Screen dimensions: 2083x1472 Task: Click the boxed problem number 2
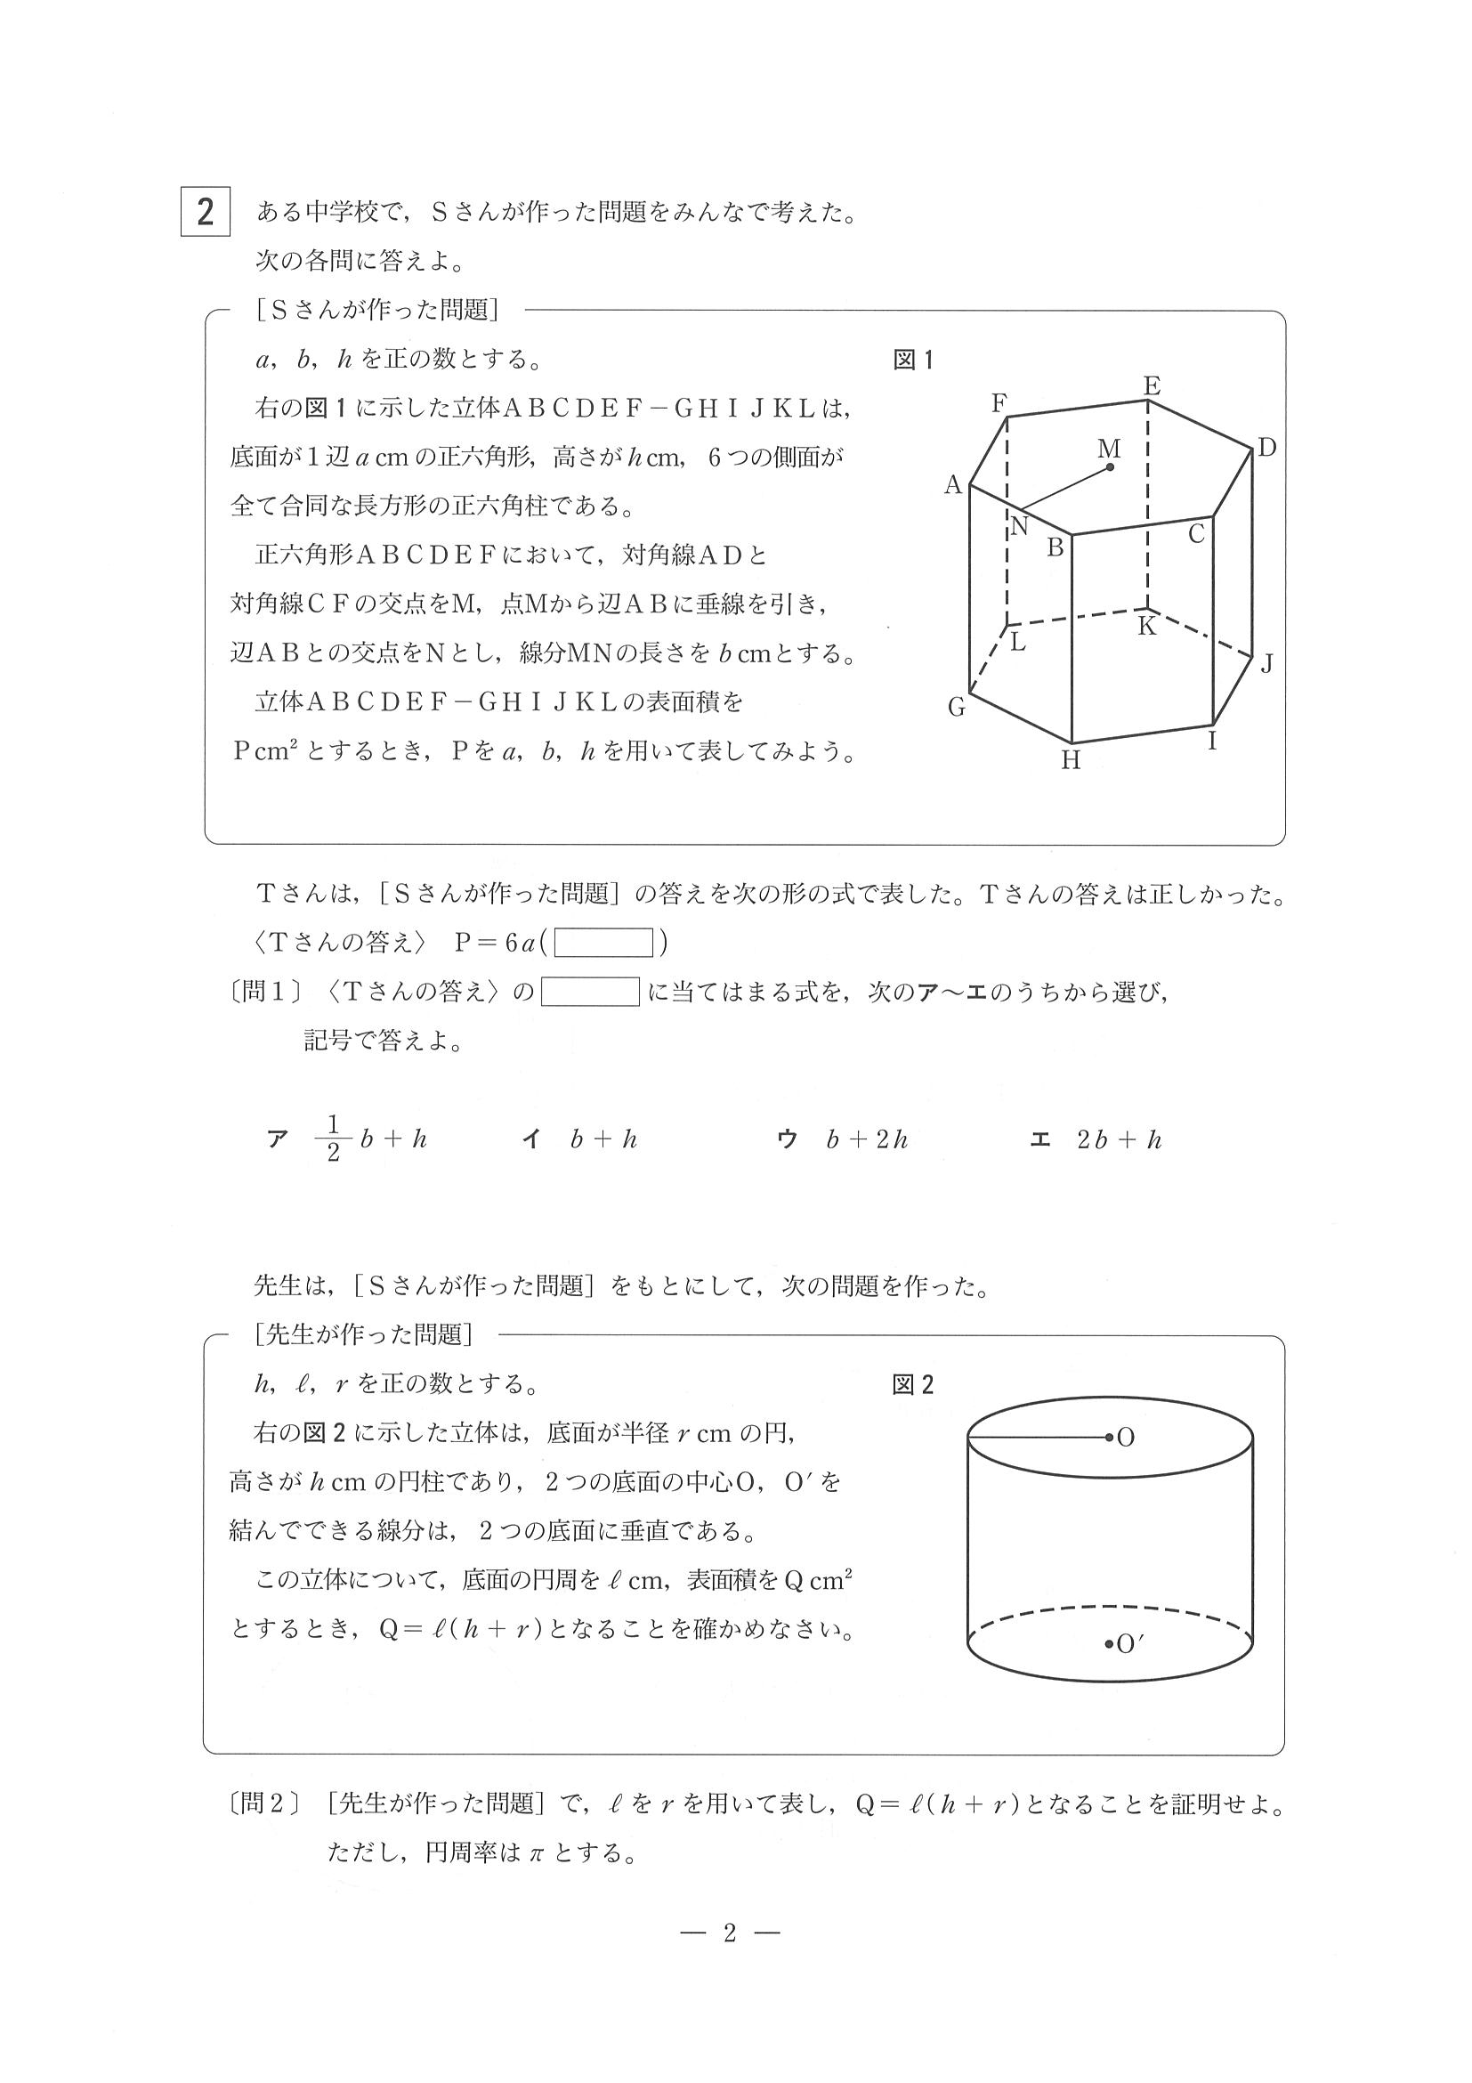pyautogui.click(x=205, y=211)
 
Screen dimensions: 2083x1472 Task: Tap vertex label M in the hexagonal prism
pyautogui.click(x=1108, y=448)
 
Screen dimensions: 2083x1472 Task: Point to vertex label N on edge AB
pyautogui.click(x=1019, y=527)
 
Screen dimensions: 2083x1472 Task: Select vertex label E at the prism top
pyautogui.click(x=1152, y=385)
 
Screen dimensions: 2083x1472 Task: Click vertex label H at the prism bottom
pyautogui.click(x=1072, y=760)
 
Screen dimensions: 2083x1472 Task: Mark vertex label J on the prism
pyautogui.click(x=1266, y=664)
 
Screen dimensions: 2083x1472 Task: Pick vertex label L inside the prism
pyautogui.click(x=1018, y=643)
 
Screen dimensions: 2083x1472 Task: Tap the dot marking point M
pyautogui.click(x=1110, y=468)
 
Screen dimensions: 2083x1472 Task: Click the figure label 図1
pyautogui.click(x=912, y=361)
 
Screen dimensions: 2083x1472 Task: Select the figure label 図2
pyautogui.click(x=912, y=1385)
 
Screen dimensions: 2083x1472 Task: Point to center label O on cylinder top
pyautogui.click(x=1126, y=1438)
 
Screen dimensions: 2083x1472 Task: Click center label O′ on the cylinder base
pyautogui.click(x=1128, y=1644)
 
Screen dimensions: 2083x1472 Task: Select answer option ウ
pyautogui.click(x=787, y=1139)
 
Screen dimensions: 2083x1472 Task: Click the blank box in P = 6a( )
pyautogui.click(x=604, y=944)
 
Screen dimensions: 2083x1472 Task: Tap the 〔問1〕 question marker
pyautogui.click(x=265, y=993)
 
